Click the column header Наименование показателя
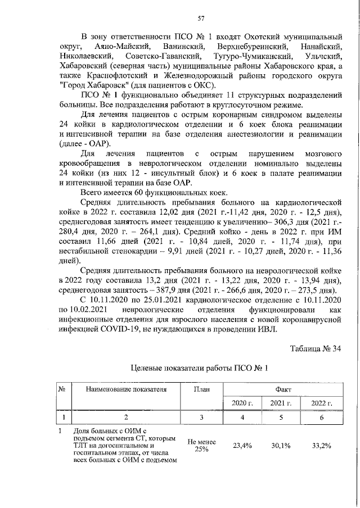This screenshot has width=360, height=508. (x=127, y=388)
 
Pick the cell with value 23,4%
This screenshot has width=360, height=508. (x=242, y=446)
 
